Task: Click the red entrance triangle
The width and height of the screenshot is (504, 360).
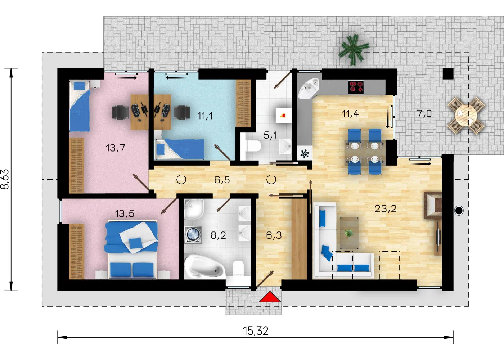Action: coord(270,297)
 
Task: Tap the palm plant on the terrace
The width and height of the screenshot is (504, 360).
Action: coord(354,50)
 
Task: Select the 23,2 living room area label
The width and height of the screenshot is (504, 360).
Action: coord(386,209)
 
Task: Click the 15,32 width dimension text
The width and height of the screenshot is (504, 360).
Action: coord(256,331)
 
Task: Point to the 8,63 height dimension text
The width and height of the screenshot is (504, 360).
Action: coord(5,179)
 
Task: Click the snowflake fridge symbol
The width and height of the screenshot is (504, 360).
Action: coord(305,154)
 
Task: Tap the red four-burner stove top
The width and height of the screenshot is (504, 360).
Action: coord(356,87)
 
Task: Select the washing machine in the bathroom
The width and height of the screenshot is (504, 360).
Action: coord(193,235)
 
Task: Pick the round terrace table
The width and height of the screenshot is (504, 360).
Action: coord(466,115)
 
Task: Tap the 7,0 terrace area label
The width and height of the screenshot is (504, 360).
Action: coord(424,113)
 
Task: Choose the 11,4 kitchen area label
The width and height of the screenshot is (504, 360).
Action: coord(350,114)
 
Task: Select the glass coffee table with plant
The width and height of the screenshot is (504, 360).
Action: coord(349,233)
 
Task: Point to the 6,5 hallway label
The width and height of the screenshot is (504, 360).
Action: coord(222,180)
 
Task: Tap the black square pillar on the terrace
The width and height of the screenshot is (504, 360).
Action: coord(448,73)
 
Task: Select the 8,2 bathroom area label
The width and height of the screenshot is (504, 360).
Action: coord(218,235)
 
